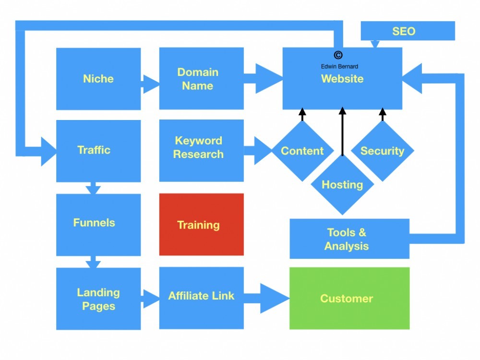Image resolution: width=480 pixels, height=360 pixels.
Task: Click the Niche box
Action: click(x=98, y=79)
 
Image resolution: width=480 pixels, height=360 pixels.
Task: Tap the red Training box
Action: click(x=201, y=225)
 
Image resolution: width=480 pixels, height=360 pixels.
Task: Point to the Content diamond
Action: click(x=302, y=151)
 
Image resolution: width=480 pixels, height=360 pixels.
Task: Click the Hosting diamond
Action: click(x=342, y=184)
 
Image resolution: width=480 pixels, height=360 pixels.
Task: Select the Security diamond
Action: click(x=383, y=151)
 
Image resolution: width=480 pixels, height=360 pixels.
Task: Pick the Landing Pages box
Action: click(x=98, y=299)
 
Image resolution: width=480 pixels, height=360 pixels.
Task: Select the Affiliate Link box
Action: click(x=201, y=296)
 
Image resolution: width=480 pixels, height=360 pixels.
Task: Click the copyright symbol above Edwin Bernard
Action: click(x=338, y=56)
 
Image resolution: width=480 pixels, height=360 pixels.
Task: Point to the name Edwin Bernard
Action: click(x=339, y=66)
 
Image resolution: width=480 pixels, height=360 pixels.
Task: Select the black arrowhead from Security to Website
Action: click(x=383, y=114)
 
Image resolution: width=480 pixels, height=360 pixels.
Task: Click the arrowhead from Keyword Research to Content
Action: click(x=262, y=151)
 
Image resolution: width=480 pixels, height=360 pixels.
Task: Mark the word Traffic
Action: click(x=94, y=150)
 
